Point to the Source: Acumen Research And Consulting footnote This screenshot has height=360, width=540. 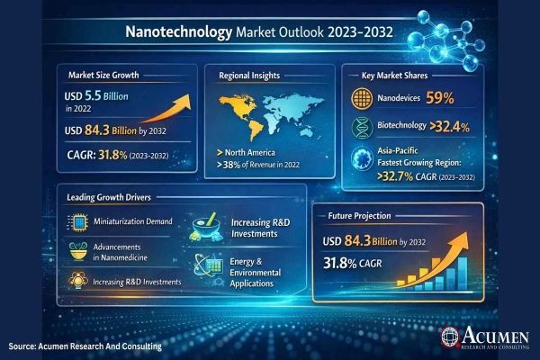pos(86,346)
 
